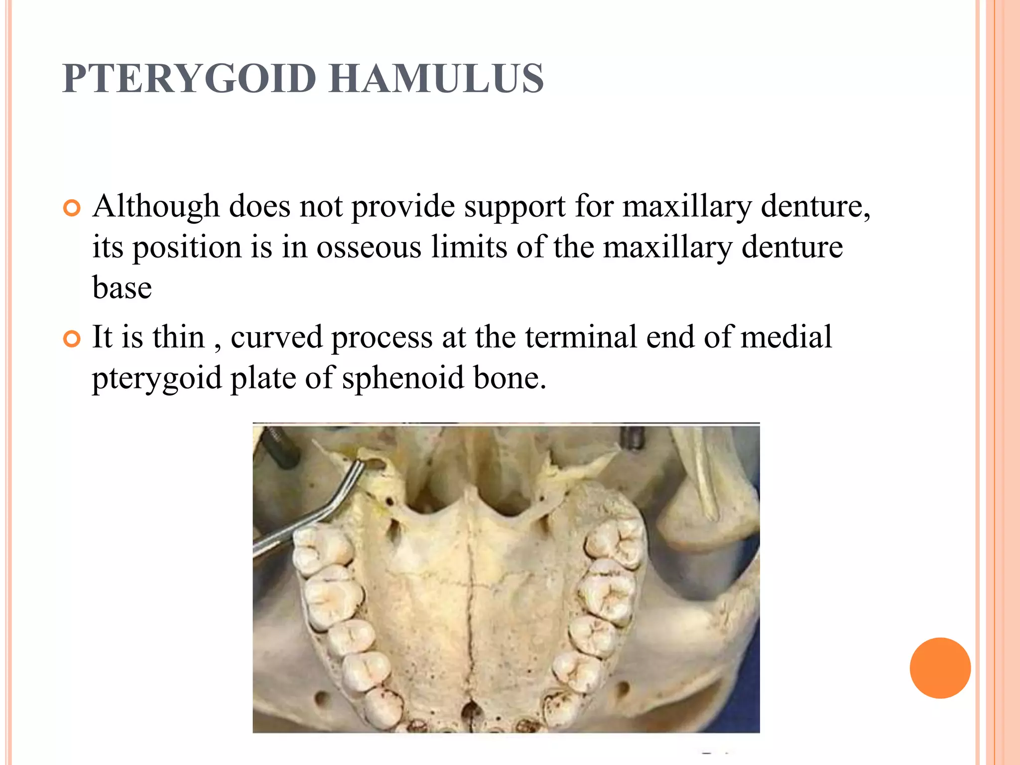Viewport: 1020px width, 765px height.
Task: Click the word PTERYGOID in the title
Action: [x=189, y=78]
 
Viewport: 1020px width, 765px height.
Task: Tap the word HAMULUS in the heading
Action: [x=436, y=78]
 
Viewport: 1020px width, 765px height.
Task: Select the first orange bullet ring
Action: [x=72, y=208]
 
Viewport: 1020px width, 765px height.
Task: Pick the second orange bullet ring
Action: [x=72, y=339]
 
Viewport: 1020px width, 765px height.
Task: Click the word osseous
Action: [x=369, y=247]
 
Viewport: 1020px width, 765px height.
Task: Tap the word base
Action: [x=122, y=288]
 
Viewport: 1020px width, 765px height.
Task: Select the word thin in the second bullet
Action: [x=178, y=337]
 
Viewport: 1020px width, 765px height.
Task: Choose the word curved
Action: [x=276, y=337]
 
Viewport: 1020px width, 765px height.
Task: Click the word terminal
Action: [x=581, y=337]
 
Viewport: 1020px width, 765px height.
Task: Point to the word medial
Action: [x=786, y=337]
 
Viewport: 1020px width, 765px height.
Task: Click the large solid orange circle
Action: [x=940, y=668]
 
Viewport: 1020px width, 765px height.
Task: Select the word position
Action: [x=187, y=248]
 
